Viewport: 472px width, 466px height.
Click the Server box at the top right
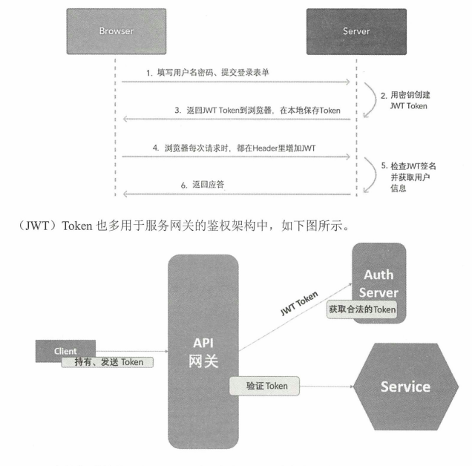[x=356, y=32]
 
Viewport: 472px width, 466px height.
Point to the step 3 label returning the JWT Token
[x=258, y=111]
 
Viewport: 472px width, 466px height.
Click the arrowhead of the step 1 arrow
[x=347, y=83]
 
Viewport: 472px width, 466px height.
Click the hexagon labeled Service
[x=404, y=387]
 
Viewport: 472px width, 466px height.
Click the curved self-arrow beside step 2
[x=370, y=102]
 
